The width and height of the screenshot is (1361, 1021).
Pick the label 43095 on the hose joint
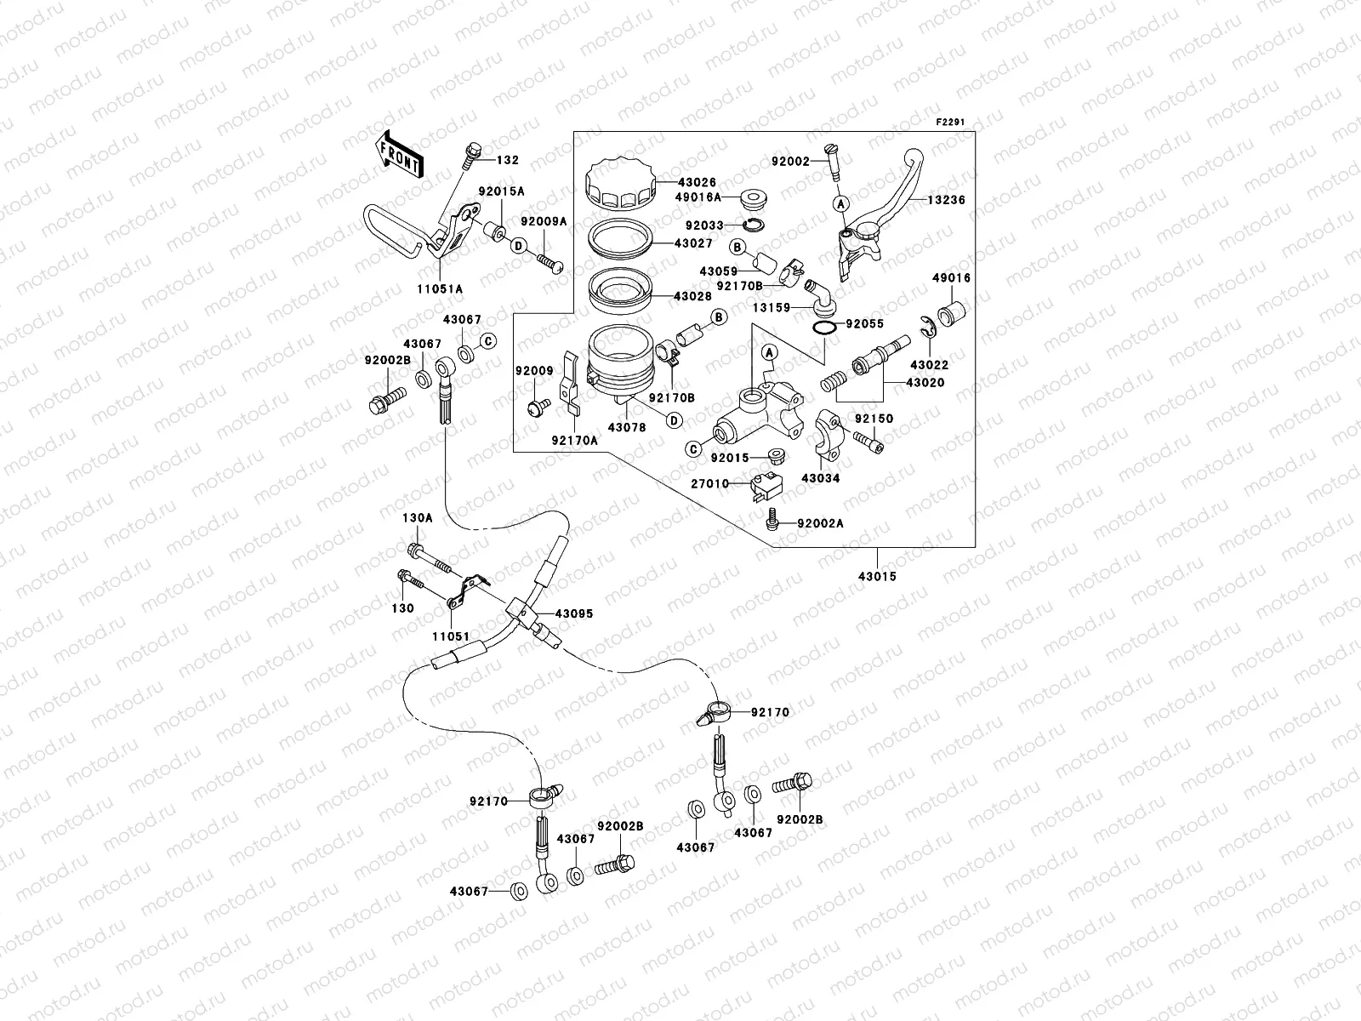point(574,613)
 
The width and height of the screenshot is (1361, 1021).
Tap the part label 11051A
point(440,288)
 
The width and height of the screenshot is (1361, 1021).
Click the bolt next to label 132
point(470,157)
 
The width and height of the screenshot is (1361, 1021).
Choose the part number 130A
point(418,517)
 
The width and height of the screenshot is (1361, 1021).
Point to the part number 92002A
point(820,523)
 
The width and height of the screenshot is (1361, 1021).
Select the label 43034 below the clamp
point(820,478)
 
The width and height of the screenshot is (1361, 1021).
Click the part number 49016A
point(698,197)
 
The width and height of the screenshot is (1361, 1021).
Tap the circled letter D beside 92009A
point(520,246)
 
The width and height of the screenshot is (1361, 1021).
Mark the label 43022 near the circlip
point(928,365)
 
